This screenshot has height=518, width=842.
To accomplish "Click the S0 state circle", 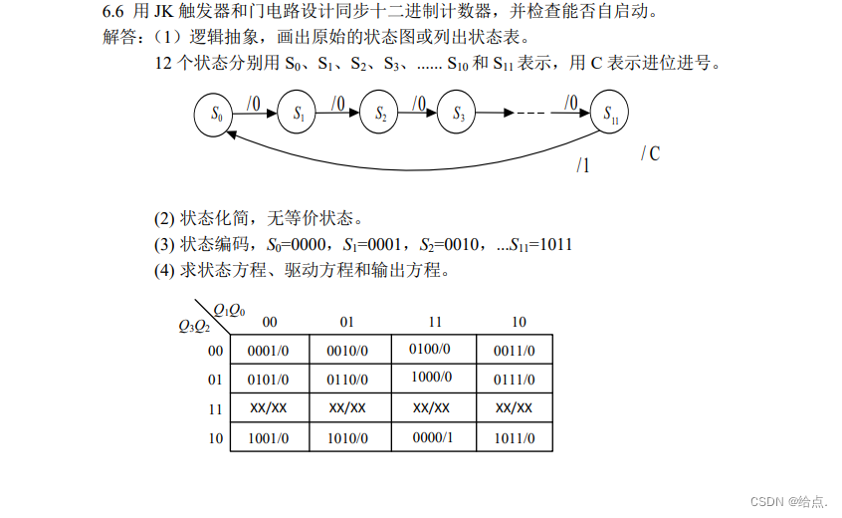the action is click(215, 115).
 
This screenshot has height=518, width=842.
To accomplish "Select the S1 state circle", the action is click(298, 115).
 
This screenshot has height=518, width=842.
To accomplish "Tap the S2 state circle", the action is click(379, 115).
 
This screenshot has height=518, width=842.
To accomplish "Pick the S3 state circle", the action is click(459, 115).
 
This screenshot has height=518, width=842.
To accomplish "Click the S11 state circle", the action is click(610, 113).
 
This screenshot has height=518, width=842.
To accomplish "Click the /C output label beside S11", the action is click(650, 153).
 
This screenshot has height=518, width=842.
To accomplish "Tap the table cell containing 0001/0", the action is click(268, 351).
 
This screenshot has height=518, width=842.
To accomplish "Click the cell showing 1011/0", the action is click(515, 436).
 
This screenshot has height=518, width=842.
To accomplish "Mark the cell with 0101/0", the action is click(268, 380).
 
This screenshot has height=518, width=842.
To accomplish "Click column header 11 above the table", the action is click(435, 322).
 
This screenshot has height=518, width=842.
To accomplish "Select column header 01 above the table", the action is click(347, 322).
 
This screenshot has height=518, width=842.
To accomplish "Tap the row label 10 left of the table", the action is click(215, 436).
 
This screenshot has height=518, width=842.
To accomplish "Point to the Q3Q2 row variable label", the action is click(194, 325).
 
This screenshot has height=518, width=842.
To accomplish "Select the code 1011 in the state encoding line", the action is click(554, 244).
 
